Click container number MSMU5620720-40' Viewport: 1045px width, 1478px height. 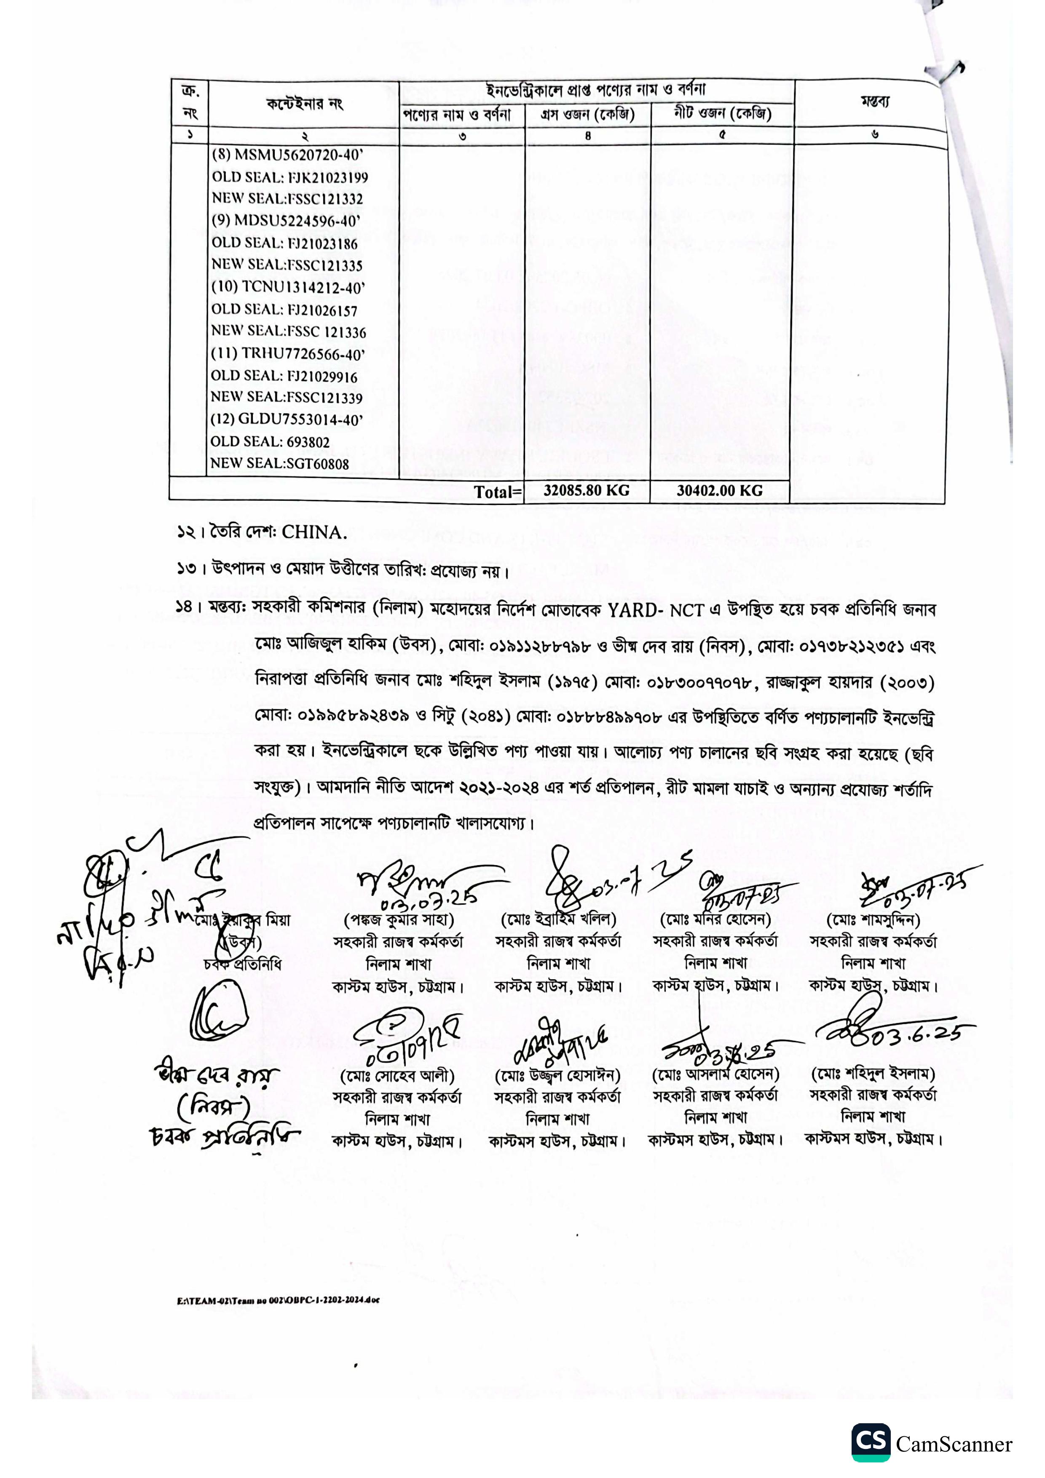tap(298, 155)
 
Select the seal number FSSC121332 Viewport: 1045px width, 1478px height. tap(325, 199)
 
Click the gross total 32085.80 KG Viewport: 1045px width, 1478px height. tap(586, 491)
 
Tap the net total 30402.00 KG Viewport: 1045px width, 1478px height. tap(719, 491)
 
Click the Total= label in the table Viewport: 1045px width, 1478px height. tap(496, 492)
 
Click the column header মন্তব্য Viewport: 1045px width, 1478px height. tap(874, 102)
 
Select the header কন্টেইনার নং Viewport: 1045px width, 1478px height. tap(305, 104)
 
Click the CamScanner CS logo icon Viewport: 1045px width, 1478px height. tap(871, 1442)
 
